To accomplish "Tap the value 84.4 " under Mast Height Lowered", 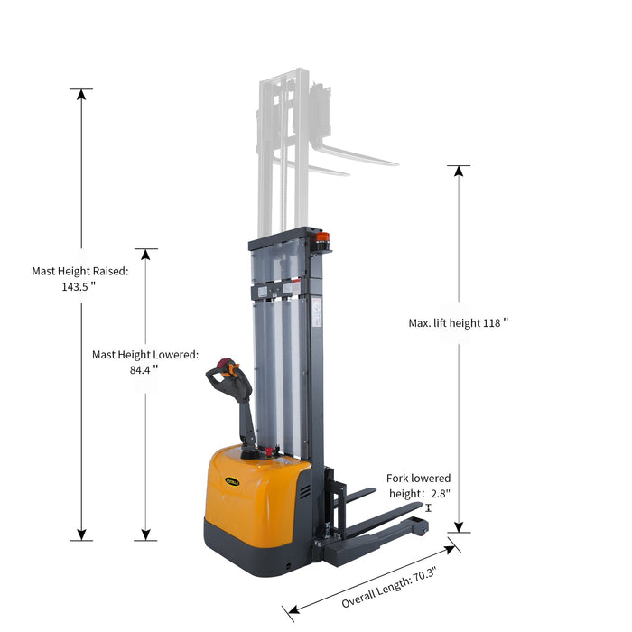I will [x=144, y=369].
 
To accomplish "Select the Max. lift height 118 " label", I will [x=458, y=322].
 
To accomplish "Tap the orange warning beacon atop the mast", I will [x=321, y=239].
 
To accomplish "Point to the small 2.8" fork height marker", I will [x=428, y=508].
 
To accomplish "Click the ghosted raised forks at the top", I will [x=352, y=155].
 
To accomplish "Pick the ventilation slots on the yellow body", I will [x=304, y=494].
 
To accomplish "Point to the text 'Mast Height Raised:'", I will [x=80, y=270].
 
